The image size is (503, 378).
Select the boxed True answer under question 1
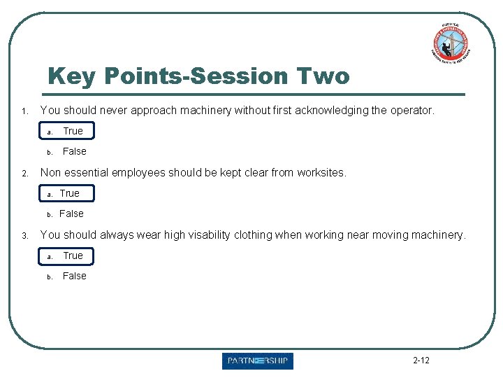[73, 131]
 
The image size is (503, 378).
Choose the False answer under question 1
[75, 151]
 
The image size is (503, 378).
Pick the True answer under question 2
[69, 193]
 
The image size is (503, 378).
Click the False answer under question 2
[71, 213]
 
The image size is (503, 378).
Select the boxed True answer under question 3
[73, 255]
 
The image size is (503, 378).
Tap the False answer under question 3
[75, 276]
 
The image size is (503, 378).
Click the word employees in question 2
[147, 172]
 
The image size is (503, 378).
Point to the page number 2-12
[421, 360]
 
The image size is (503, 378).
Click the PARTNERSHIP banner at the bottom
[258, 361]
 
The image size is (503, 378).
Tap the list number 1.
[24, 111]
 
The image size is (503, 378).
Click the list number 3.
[24, 236]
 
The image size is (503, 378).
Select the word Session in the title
[240, 76]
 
